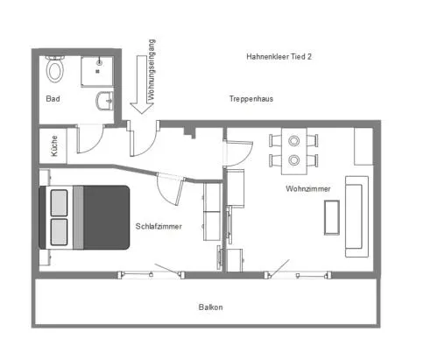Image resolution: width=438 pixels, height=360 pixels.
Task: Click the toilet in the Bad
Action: coord(55,68)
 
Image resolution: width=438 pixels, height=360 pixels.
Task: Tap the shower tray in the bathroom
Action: coord(97,72)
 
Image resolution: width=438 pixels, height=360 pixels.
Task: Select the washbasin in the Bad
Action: coord(104,101)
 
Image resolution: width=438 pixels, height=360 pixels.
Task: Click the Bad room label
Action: coord(53,99)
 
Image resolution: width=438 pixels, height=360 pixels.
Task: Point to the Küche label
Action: coord(54,145)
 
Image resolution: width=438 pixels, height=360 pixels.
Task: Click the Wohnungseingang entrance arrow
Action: coord(142,84)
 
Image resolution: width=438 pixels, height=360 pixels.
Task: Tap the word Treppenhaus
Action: coord(251,99)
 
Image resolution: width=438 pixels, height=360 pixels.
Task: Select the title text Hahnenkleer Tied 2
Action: coord(279,57)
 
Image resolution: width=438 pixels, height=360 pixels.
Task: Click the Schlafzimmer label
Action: coord(159,226)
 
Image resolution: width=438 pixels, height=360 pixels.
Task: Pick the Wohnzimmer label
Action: coord(308,188)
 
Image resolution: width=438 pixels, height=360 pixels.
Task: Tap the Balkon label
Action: coord(210,307)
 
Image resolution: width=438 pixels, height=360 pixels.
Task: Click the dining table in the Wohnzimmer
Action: coord(294,151)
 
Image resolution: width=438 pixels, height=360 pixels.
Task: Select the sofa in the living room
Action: coord(357,216)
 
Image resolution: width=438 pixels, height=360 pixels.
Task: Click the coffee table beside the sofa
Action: coord(332,217)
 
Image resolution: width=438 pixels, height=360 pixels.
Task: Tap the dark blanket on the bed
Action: coord(106,217)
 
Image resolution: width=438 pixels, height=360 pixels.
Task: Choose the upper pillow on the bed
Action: coord(59,203)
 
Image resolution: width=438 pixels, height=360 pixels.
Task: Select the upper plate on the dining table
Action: coord(293,141)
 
